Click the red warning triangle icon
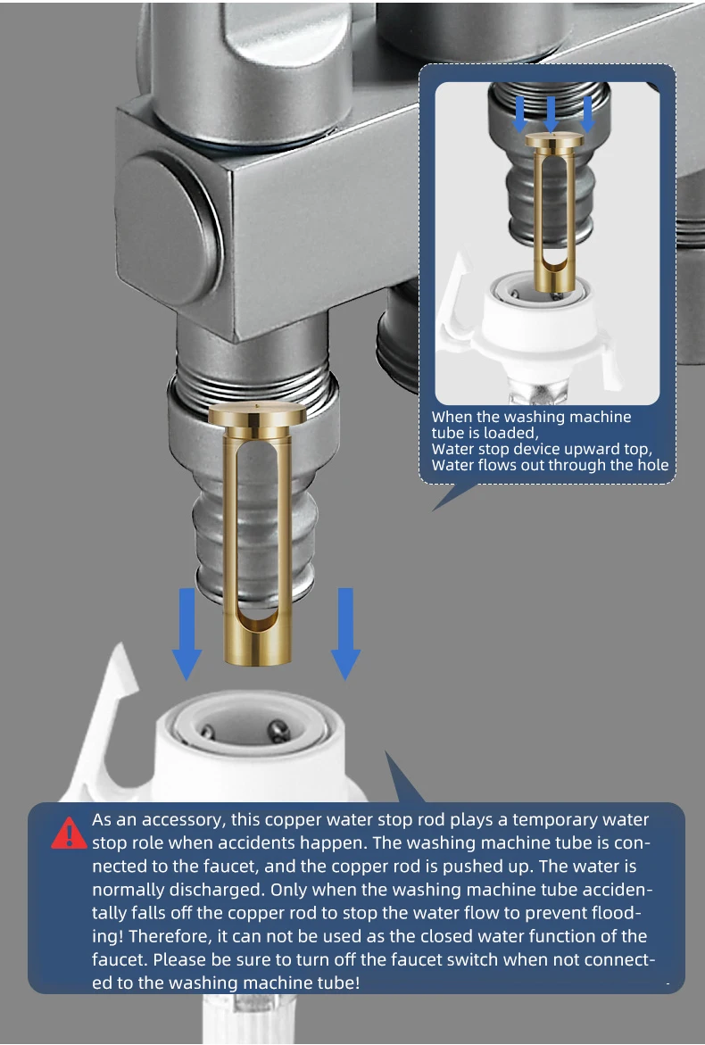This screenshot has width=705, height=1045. point(69,834)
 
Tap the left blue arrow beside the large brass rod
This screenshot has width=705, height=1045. point(187,633)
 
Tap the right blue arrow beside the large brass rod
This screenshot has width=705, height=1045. point(345,633)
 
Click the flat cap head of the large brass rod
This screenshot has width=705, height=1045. point(257,416)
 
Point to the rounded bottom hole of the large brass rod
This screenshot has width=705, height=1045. point(257,619)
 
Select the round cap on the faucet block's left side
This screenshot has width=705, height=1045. point(167,230)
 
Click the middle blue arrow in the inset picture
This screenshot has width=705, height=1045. point(551,114)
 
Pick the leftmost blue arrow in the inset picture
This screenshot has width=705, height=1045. point(519,114)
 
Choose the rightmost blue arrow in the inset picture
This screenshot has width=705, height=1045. point(587,114)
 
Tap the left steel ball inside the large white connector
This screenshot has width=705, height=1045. point(208,732)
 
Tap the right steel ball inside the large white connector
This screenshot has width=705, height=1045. point(278,731)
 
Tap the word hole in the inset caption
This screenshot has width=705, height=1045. point(653,465)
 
